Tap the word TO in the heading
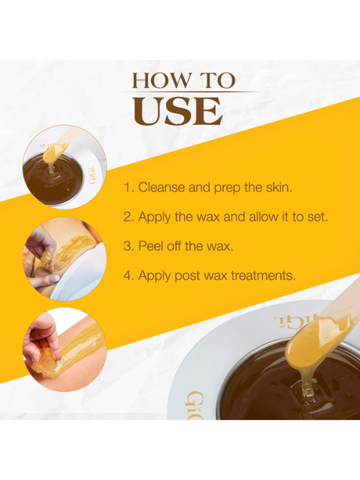click(216, 79)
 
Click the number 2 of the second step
click(127, 217)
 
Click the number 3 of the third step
click(127, 246)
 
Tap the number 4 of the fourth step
click(127, 275)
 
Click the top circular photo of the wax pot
click(64, 167)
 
